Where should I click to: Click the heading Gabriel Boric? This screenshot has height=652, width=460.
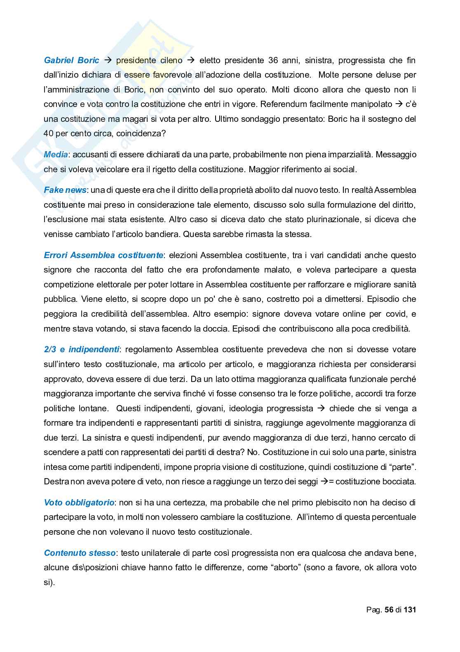71,60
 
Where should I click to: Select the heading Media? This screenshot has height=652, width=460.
56,154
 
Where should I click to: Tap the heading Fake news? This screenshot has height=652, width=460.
65,190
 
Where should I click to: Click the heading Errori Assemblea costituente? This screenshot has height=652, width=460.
103,255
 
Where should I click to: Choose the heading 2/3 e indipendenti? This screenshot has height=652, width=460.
81,349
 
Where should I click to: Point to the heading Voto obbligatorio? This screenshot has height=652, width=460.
79,503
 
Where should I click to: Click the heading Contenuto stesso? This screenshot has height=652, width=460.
80,553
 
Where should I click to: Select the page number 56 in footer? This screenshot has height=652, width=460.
389,609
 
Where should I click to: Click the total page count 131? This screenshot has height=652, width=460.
410,609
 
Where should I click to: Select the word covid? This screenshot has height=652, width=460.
396,314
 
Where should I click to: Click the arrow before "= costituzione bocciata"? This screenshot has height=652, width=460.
324,481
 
